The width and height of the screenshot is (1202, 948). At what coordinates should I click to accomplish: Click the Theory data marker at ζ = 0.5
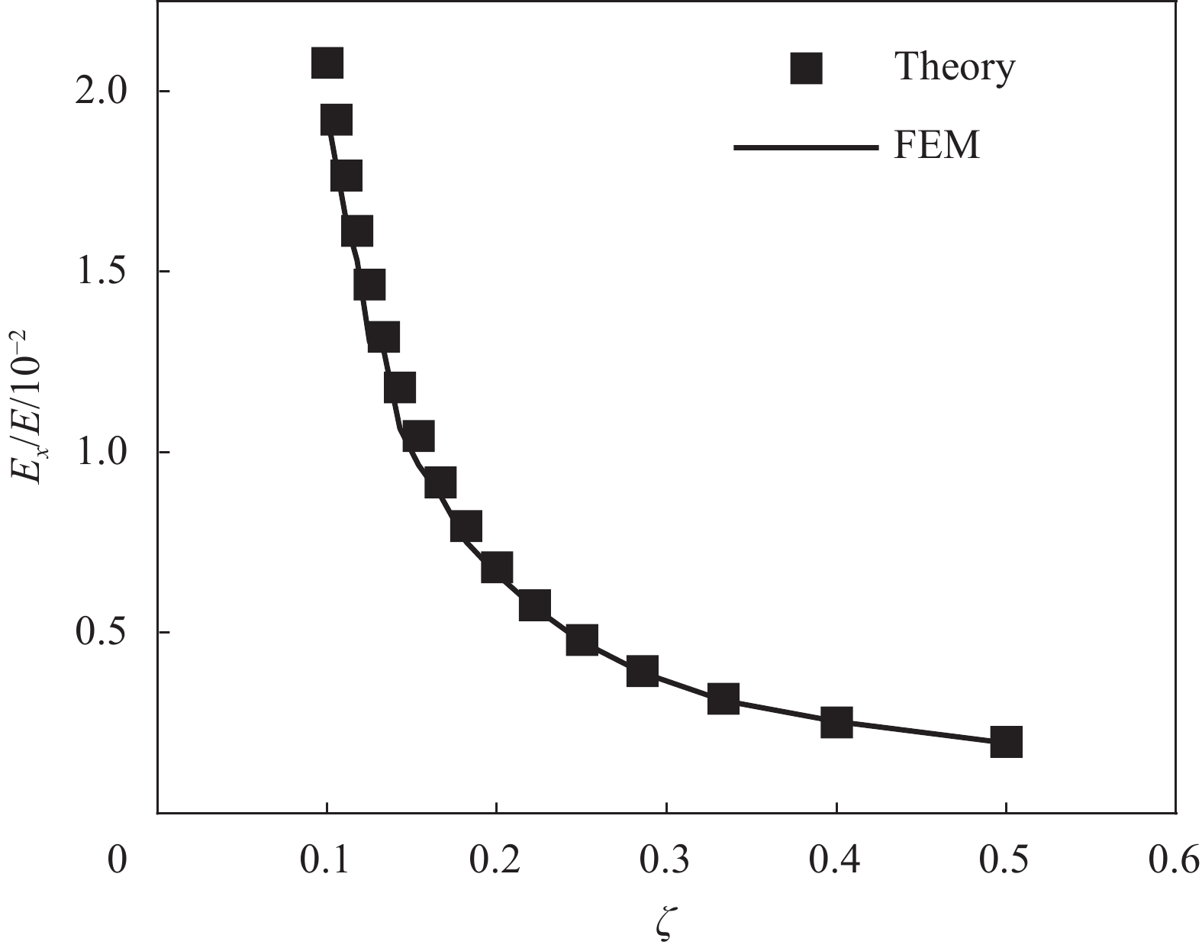[x=1006, y=741]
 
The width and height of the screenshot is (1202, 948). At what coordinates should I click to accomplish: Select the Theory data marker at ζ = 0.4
[x=836, y=721]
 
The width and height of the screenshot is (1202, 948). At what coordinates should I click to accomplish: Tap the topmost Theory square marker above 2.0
[x=327, y=63]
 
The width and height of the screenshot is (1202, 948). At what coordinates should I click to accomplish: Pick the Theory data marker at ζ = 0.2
[x=496, y=569]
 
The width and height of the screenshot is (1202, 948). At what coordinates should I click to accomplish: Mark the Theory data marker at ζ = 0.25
[x=582, y=640]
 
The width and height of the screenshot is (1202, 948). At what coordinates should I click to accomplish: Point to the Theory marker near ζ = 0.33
[x=723, y=698]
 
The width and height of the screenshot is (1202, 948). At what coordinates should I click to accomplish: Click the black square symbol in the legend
[x=806, y=68]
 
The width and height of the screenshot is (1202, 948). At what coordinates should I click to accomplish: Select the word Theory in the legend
[x=955, y=67]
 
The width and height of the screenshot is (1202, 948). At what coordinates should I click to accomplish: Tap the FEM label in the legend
[x=936, y=145]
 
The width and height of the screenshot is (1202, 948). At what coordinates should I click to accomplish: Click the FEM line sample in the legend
[x=804, y=147]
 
